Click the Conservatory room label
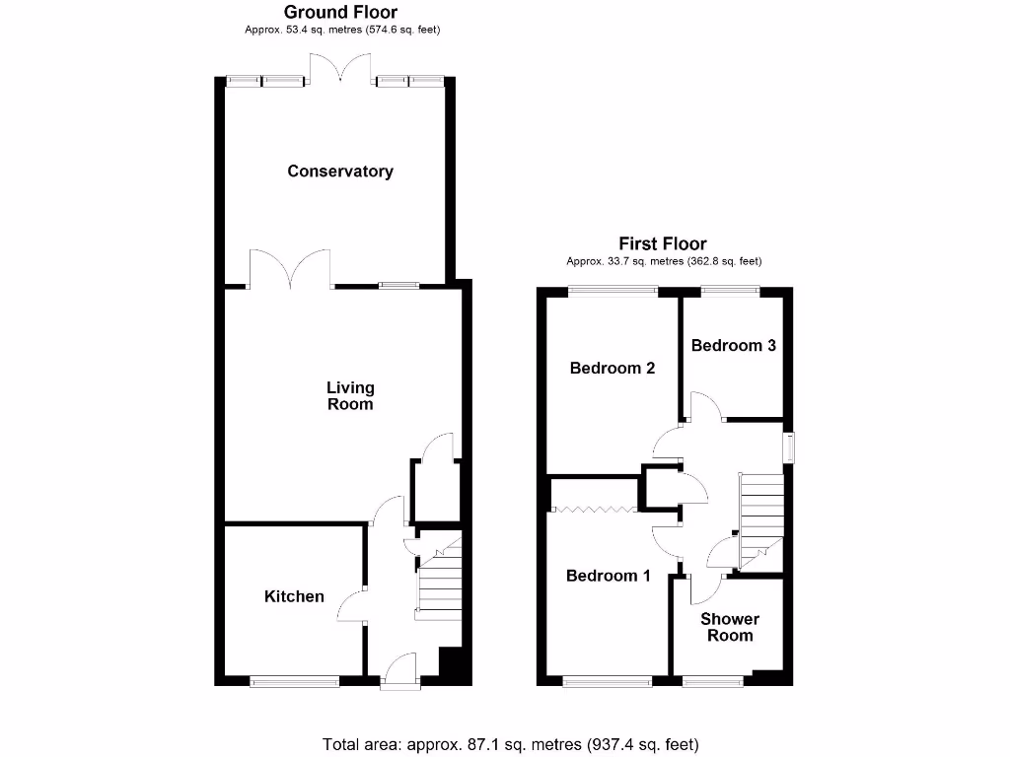(340, 172)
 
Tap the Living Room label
(350, 396)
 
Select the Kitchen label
(294, 596)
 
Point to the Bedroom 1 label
(608, 576)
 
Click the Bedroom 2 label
(613, 368)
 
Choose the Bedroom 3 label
(733, 345)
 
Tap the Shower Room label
(730, 627)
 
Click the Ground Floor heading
(341, 13)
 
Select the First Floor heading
(663, 243)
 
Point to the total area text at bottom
(511, 744)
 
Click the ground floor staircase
(440, 582)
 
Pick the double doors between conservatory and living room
(290, 269)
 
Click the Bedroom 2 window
(613, 290)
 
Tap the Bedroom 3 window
(731, 290)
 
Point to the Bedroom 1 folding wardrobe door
(593, 510)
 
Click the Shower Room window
(713, 680)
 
